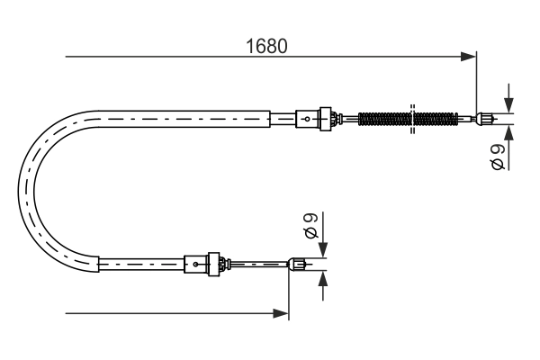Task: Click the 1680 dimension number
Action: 267,47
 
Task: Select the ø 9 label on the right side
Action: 498,158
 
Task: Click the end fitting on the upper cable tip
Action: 485,117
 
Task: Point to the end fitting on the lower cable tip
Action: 297,264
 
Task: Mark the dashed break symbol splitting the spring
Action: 412,118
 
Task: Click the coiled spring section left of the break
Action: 383,118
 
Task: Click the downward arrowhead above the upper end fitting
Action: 509,104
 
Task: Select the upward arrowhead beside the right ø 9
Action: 509,131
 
